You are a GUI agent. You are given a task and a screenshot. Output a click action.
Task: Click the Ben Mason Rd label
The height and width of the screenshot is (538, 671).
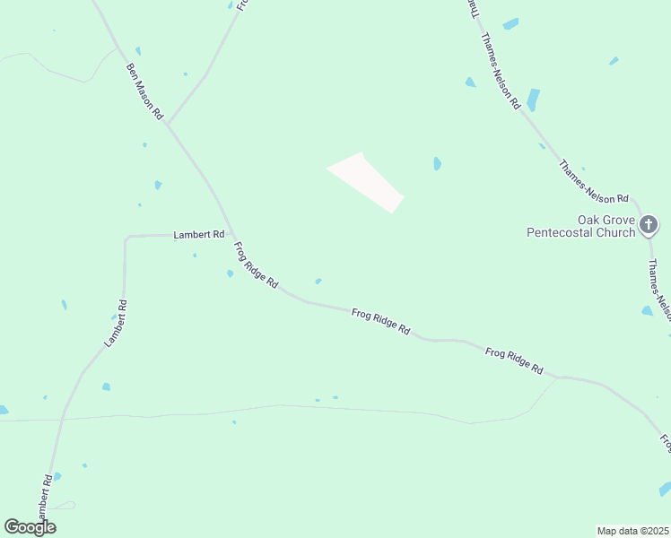(144, 91)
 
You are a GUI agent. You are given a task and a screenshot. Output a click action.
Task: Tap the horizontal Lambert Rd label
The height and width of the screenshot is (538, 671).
(199, 234)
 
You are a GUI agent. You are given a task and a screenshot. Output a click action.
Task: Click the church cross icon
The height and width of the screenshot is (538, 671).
(649, 225)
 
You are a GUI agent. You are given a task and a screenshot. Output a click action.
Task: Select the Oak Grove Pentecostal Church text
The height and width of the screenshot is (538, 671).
(580, 226)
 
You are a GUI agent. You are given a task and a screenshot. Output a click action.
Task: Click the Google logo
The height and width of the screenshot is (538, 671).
(30, 527)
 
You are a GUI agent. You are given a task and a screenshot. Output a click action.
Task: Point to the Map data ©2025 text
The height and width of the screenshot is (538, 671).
(632, 531)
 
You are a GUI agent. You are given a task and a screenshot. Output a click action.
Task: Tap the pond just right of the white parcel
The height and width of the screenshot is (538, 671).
(437, 163)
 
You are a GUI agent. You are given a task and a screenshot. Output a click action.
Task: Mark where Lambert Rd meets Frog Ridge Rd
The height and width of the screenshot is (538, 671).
(232, 235)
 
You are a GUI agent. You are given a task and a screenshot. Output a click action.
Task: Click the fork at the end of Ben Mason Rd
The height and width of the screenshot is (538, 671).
(168, 124)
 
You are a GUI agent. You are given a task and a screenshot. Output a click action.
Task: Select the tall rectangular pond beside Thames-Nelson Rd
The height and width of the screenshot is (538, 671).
(533, 100)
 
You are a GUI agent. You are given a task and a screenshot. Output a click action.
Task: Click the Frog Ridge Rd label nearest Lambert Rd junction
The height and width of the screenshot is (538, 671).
(256, 265)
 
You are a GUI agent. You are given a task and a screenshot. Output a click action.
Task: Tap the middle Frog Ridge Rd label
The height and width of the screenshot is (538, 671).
(380, 321)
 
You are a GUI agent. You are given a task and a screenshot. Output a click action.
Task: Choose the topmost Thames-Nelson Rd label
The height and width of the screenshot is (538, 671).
(501, 72)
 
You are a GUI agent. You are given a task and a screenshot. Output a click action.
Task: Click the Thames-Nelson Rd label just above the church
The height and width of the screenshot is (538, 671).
(595, 182)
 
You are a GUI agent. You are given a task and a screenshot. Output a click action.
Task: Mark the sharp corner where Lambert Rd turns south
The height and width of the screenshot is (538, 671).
(126, 238)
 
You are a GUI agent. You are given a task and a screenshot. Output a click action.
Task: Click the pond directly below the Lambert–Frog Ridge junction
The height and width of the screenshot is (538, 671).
(231, 273)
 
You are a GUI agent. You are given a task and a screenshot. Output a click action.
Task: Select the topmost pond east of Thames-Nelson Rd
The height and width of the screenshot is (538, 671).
(510, 24)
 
